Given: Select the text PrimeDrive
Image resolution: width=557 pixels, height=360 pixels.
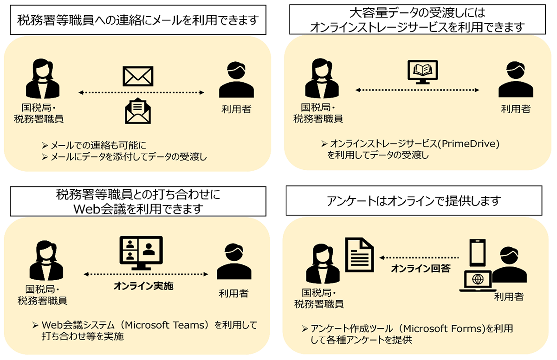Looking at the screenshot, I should point(468,144).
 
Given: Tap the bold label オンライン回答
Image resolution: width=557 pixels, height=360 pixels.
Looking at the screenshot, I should point(421,268).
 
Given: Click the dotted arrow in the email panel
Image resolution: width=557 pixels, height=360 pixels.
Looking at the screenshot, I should point(141,93).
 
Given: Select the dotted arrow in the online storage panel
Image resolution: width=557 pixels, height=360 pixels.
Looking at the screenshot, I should point(418,90).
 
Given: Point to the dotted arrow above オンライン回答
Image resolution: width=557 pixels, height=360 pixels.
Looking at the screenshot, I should point(420,257).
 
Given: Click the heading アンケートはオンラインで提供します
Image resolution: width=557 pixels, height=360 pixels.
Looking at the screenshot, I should point(414,201).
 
